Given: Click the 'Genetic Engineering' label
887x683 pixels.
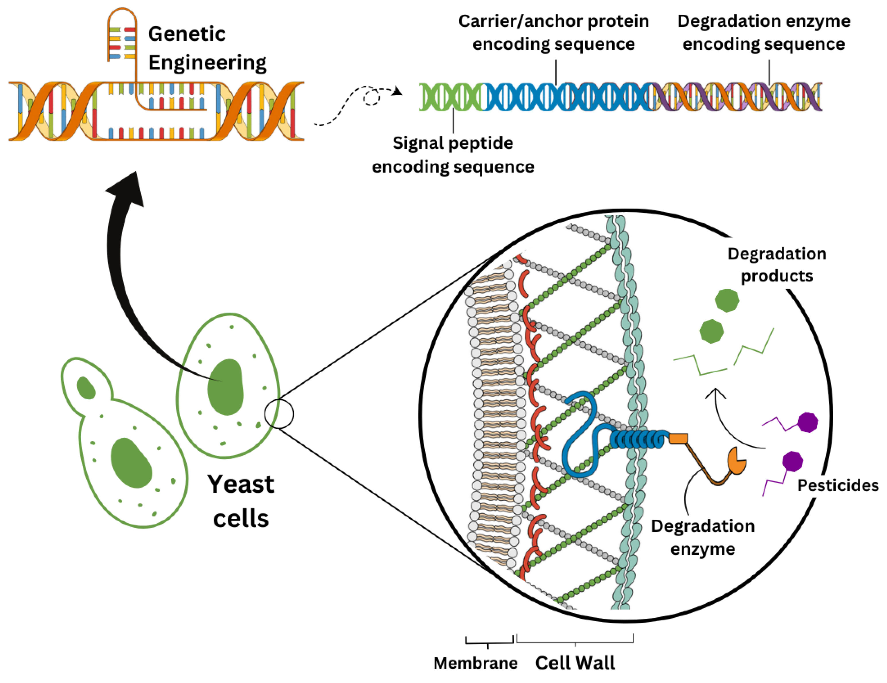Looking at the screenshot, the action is coord(207,48).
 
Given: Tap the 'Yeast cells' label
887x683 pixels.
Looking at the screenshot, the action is coord(241,501).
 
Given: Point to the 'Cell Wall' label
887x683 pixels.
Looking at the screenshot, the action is coord(575,663).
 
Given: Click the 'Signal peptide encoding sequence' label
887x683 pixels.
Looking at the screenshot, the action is coord(453,155).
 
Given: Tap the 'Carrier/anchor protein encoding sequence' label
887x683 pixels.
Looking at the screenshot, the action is coord(553,32).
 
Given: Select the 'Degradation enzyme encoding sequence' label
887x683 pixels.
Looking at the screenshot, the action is coord(764,32).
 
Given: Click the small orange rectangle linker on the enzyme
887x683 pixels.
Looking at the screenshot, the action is coord(678,438).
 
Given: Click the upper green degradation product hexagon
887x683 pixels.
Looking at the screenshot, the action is coord(727,300).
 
